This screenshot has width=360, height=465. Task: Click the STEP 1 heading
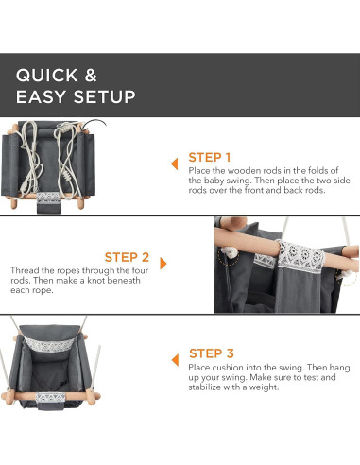pyautogui.click(x=210, y=157)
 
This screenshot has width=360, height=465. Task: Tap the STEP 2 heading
pyautogui.click(x=127, y=257)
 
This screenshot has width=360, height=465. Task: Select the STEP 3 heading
pyautogui.click(x=212, y=353)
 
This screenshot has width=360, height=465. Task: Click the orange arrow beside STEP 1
pyautogui.click(x=175, y=164)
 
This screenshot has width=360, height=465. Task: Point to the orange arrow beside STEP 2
pyautogui.click(x=163, y=264)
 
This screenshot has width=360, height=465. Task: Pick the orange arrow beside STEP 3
pyautogui.click(x=175, y=360)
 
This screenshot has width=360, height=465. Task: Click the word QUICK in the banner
pyautogui.click(x=47, y=76)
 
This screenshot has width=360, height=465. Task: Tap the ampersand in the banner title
pyautogui.click(x=91, y=76)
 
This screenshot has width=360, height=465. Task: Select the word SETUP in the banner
pyautogui.click(x=105, y=96)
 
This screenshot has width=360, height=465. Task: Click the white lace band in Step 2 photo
pyautogui.click(x=300, y=256)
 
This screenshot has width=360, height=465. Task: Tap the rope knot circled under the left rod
pyautogui.click(x=229, y=252)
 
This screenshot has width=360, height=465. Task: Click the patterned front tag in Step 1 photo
pyautogui.click(x=48, y=198)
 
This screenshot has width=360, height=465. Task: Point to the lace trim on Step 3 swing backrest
pyautogui.click(x=49, y=344)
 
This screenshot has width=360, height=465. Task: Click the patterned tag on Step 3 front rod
pyautogui.click(x=50, y=398)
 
